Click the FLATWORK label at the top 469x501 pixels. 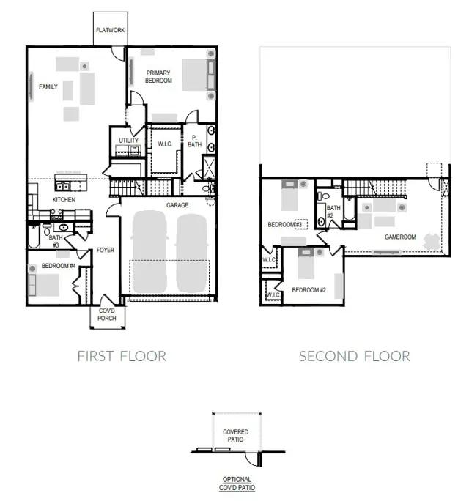pyautogui.click(x=110, y=31)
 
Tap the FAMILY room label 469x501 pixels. pyautogui.click(x=48, y=87)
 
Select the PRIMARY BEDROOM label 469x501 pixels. pyautogui.click(x=159, y=76)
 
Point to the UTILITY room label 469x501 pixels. pyautogui.click(x=128, y=141)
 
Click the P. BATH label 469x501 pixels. pyautogui.click(x=195, y=141)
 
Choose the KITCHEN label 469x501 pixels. pyautogui.click(x=64, y=200)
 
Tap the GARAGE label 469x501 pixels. pyautogui.click(x=177, y=206)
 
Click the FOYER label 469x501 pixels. pyautogui.click(x=106, y=250)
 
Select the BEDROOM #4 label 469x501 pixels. pyautogui.click(x=58, y=265)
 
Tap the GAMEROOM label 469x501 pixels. pyautogui.click(x=400, y=237)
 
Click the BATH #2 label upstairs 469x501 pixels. pyautogui.click(x=333, y=212)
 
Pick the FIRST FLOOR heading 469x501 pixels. pyautogui.click(x=122, y=357)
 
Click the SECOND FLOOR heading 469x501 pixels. pyautogui.click(x=355, y=357)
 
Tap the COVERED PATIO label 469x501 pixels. pyautogui.click(x=235, y=436)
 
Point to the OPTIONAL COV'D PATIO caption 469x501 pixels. pyautogui.click(x=235, y=483)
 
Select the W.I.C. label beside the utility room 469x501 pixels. pyautogui.click(x=165, y=144)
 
